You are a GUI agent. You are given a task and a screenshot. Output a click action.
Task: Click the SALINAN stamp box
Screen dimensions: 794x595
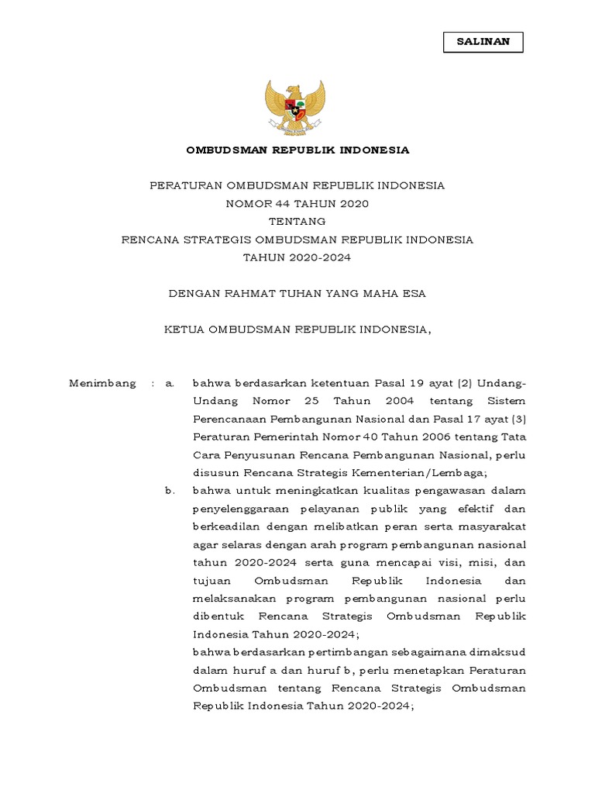tap(483, 42)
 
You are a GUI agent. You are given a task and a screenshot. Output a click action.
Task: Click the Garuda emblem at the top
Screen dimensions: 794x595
tap(297, 108)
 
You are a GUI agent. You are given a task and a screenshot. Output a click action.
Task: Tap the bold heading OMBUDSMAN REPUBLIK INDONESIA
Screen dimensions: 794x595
tap(297, 150)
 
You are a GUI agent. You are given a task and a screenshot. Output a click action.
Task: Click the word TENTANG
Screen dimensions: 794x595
tap(297, 222)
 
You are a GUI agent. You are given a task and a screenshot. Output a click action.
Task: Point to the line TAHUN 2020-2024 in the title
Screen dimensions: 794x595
tap(297, 257)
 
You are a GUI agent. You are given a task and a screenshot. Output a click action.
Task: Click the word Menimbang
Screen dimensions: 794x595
tap(102, 383)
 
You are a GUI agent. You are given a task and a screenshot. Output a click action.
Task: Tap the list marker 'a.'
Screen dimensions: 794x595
tap(170, 383)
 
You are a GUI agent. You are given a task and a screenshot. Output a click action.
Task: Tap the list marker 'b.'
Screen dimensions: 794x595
tap(170, 491)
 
